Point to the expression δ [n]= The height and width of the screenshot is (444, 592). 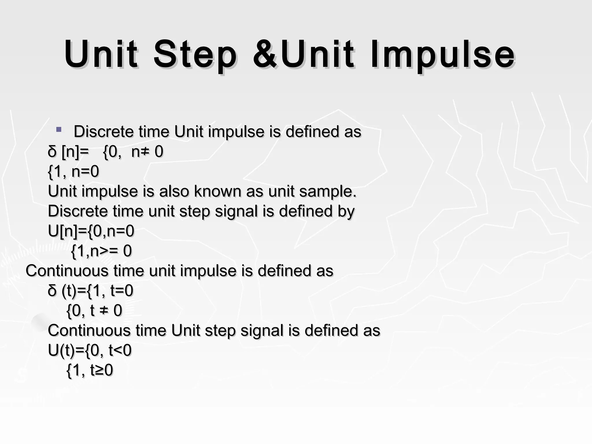68,151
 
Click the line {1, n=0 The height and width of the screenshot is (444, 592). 73,171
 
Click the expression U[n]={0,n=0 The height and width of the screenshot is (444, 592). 91,231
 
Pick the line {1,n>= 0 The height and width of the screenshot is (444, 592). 101,251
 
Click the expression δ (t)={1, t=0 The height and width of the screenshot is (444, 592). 90,291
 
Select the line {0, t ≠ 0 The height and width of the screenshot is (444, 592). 94,310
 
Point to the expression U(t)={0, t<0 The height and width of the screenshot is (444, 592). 90,350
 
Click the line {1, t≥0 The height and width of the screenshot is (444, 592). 90,370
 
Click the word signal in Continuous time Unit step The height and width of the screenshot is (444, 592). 262,330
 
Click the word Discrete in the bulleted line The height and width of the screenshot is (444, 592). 103,132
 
